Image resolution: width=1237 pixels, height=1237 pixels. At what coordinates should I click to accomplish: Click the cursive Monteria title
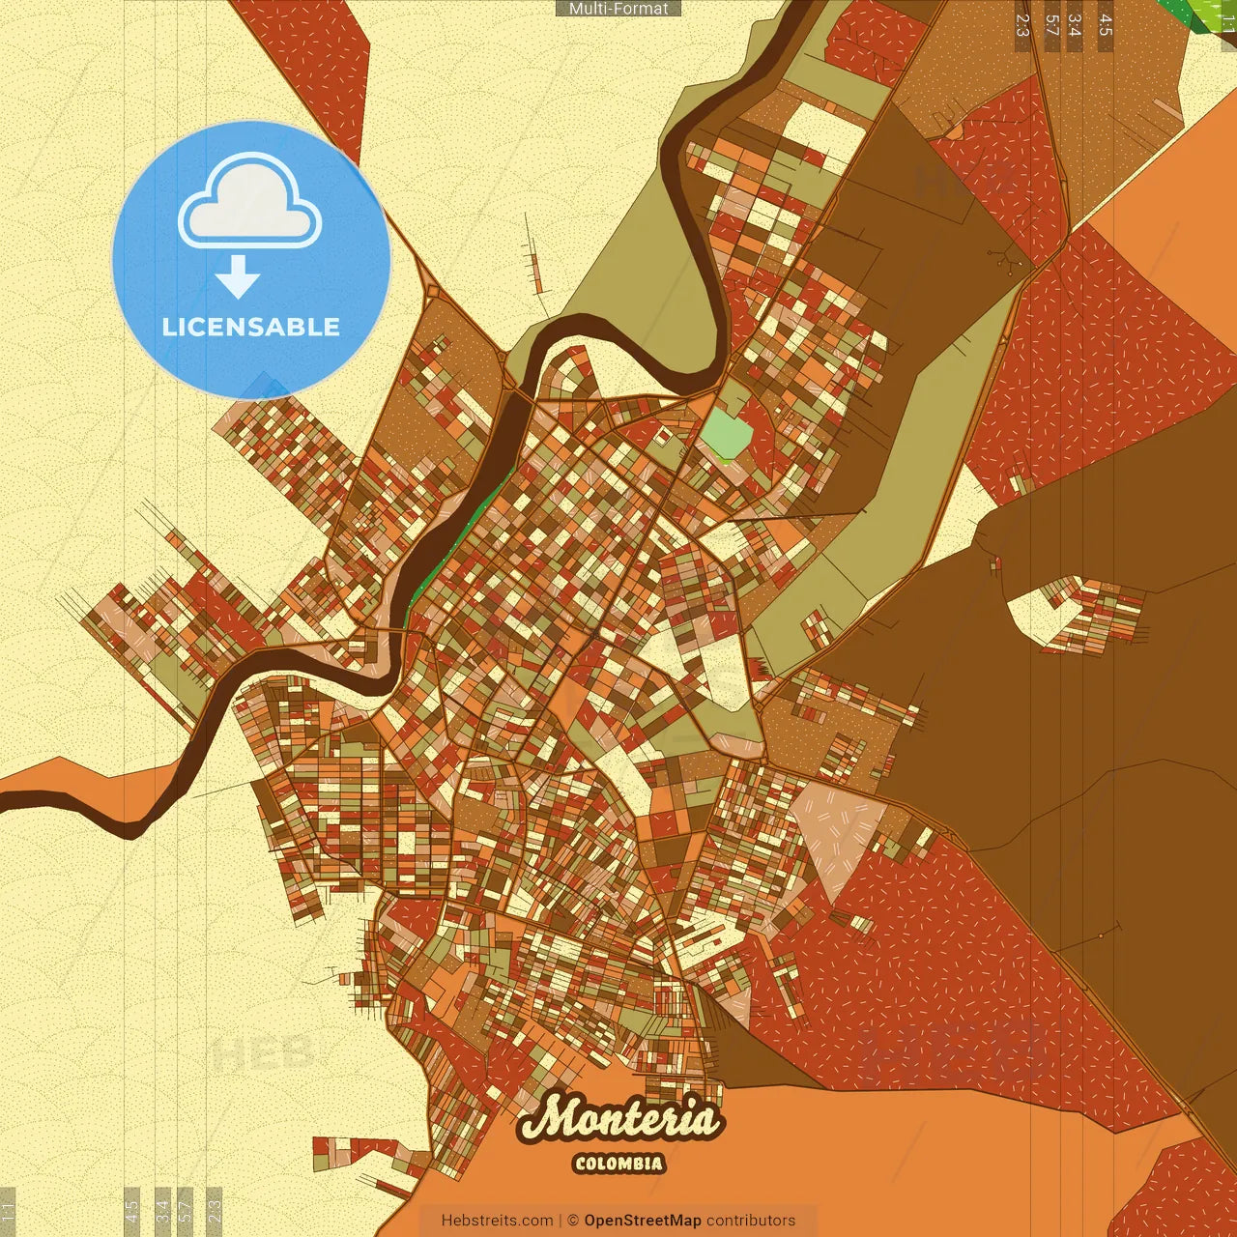click(x=619, y=1119)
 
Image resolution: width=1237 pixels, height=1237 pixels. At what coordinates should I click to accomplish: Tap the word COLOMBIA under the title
click(x=618, y=1164)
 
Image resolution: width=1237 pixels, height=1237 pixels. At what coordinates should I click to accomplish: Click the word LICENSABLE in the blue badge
click(x=251, y=327)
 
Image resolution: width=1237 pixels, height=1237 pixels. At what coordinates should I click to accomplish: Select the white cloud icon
click(x=249, y=201)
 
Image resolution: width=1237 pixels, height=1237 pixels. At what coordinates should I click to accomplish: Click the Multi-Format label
click(x=618, y=9)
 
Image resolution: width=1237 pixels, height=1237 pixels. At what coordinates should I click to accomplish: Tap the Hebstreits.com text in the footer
click(x=497, y=1221)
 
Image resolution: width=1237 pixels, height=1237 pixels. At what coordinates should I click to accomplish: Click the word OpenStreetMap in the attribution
click(x=643, y=1221)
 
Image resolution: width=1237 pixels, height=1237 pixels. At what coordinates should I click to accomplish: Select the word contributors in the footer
click(x=751, y=1221)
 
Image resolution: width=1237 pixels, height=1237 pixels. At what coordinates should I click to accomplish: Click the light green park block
click(x=725, y=435)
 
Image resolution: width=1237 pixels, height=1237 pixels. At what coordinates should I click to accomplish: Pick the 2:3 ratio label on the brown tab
click(x=1022, y=25)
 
